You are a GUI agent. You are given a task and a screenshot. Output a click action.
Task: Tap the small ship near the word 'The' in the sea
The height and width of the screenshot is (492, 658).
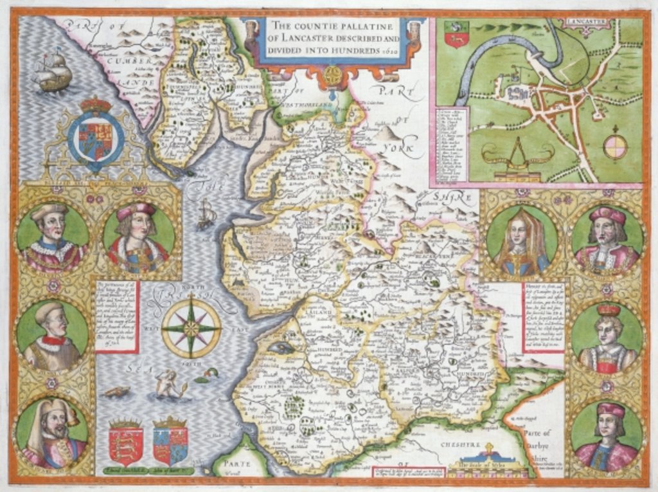206,214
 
